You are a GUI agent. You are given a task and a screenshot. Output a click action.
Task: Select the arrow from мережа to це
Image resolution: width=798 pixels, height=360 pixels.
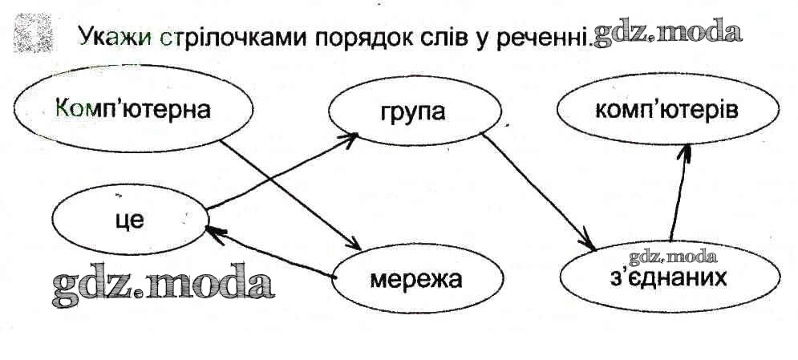pyautogui.click(x=269, y=253)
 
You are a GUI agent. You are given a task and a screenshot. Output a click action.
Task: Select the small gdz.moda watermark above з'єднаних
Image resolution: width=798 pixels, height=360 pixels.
pyautogui.click(x=672, y=257)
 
